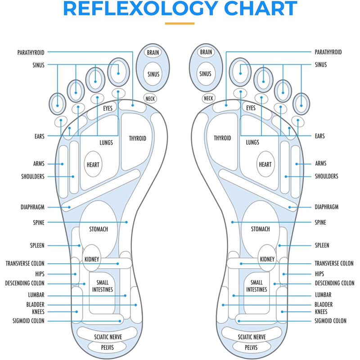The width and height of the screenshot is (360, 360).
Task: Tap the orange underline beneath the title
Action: click(x=180, y=23)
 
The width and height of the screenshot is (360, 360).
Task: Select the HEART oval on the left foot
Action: click(x=93, y=165)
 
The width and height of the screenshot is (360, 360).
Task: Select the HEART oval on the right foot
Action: click(x=265, y=165)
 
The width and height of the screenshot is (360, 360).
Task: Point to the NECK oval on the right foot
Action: click(x=208, y=98)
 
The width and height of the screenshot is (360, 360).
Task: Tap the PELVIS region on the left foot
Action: click(x=103, y=348)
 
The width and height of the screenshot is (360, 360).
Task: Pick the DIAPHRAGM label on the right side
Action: click(x=326, y=207)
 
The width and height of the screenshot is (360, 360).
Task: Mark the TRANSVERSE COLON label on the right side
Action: click(x=334, y=263)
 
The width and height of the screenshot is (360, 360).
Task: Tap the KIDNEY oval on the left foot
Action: click(x=92, y=260)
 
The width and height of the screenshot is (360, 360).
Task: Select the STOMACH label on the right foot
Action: click(x=261, y=229)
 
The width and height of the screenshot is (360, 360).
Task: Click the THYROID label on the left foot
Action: click(x=137, y=138)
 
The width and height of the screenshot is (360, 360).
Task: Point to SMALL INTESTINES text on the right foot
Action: click(x=256, y=286)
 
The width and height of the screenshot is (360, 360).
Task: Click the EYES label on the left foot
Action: click(x=108, y=108)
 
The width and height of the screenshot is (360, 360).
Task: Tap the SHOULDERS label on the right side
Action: click(x=326, y=176)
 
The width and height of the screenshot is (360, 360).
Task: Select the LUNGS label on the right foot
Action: click(x=252, y=143)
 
